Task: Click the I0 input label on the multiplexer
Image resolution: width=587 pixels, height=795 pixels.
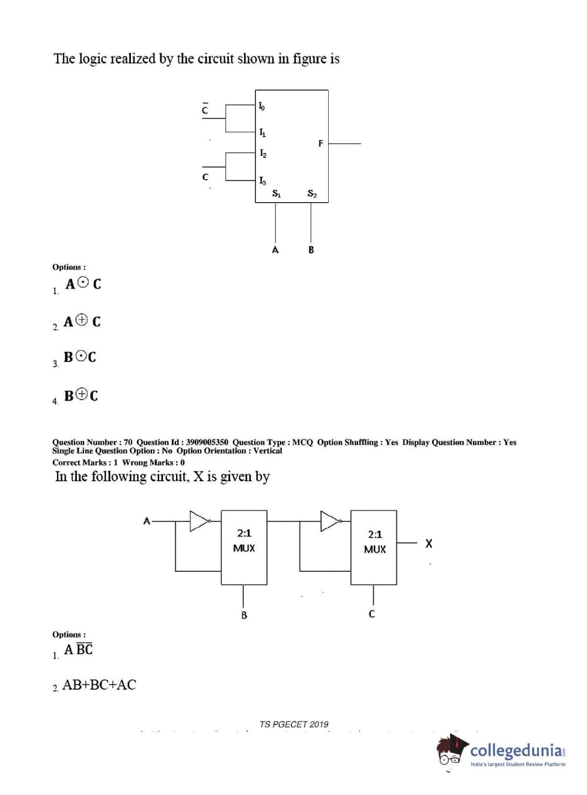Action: (x=262, y=106)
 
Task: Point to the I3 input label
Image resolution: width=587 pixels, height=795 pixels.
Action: (x=262, y=180)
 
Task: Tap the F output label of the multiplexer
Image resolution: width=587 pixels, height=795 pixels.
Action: (x=321, y=143)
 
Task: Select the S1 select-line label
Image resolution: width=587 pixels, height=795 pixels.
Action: (x=276, y=193)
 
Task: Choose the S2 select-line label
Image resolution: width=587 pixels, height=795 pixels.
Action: (x=312, y=193)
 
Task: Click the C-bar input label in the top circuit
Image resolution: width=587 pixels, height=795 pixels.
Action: (x=205, y=109)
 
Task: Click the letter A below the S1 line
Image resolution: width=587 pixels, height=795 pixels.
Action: (x=275, y=250)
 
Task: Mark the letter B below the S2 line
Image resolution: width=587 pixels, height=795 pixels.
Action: (x=311, y=250)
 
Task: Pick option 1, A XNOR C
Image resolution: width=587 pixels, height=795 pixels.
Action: (x=83, y=284)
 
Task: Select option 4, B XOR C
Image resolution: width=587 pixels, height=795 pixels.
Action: (x=81, y=395)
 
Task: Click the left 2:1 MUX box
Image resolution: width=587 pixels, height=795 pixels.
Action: (x=244, y=547)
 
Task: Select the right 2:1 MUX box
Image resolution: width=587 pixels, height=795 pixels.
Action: (x=374, y=547)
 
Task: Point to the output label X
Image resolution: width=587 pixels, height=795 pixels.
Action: (x=429, y=544)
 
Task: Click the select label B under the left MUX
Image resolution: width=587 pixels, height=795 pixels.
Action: (x=244, y=615)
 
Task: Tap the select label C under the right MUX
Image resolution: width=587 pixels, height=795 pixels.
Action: (x=372, y=614)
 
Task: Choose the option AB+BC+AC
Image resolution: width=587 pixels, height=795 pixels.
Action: (x=99, y=685)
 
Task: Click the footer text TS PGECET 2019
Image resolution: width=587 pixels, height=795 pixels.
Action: (x=294, y=724)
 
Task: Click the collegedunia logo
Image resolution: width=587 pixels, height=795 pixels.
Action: (x=502, y=751)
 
